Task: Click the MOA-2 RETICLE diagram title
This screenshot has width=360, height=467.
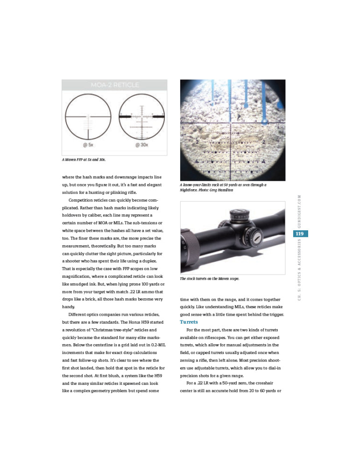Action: [x=114, y=85]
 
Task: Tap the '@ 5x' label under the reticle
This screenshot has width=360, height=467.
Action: [x=88, y=145]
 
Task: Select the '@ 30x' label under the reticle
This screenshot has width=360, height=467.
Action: [x=141, y=145]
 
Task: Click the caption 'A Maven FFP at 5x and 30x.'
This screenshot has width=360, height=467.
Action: [x=84, y=160]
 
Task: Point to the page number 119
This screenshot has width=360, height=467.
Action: [x=299, y=233]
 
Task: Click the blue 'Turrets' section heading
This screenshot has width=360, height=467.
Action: [x=189, y=322]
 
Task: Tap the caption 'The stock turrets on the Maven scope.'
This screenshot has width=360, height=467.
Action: [x=210, y=279]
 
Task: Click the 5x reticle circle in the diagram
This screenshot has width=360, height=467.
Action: [x=88, y=115]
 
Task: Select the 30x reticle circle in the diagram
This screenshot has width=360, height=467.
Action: [x=141, y=115]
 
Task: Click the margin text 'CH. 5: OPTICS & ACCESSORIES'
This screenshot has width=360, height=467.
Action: [x=299, y=271]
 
